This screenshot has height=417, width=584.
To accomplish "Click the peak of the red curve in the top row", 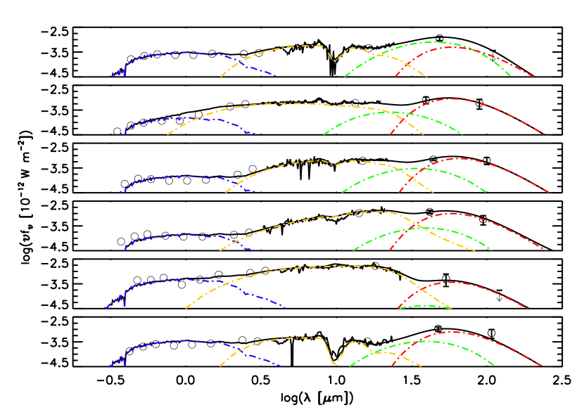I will pos(450,47).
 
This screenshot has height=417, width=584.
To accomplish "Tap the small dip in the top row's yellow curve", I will pos(335,60).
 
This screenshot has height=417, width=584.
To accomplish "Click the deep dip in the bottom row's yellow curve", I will pos(334,363).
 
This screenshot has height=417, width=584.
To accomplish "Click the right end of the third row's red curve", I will pos(547,191).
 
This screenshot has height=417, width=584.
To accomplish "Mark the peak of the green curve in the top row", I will pos(432,41).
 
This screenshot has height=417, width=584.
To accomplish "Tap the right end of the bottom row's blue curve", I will pos(281,366).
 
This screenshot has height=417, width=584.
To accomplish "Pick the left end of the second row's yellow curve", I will pos(168,134).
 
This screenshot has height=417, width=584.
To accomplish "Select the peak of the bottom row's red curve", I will pos(450,332).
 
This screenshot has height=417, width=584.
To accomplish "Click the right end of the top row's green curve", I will pos(510,75).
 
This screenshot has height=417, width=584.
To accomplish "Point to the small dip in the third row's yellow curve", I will pos(336,165).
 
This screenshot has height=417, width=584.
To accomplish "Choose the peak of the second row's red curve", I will pos(452,99).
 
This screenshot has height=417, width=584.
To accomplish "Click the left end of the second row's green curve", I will pos(324,134).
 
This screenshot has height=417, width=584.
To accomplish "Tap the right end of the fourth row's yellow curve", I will pos(474,250).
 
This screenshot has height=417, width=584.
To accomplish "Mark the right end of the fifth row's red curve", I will pos(527,308).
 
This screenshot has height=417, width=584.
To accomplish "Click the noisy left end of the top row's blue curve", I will pos(118,72).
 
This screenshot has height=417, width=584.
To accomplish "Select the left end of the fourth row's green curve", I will pos(354,250).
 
